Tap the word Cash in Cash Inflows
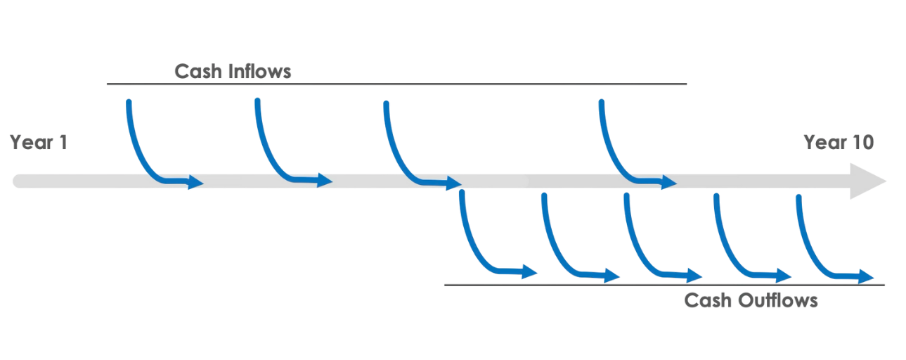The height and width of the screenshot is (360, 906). tap(198, 72)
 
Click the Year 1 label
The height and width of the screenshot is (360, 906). tap(38, 143)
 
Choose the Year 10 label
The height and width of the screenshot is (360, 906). tap(838, 143)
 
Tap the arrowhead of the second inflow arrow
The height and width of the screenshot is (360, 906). tap(325, 180)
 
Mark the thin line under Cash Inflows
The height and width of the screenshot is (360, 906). tap(394, 84)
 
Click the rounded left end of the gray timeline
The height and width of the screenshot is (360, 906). tap(15, 183)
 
